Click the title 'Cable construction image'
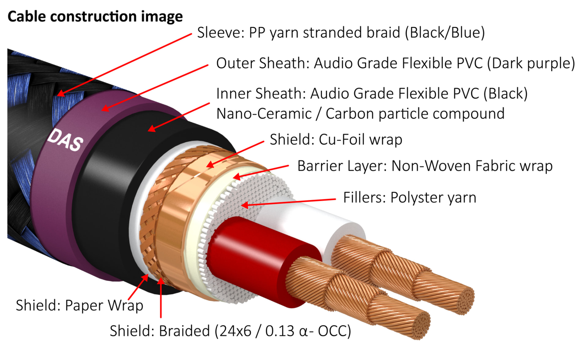pyautogui.click(x=95, y=17)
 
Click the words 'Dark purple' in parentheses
pyautogui.click(x=531, y=64)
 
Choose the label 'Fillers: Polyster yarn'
pyautogui.click(x=410, y=197)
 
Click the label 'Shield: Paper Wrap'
pyautogui.click(x=79, y=305)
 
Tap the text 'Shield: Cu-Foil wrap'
pyautogui.click(x=336, y=140)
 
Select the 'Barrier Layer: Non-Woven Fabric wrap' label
pyautogui.click(x=425, y=166)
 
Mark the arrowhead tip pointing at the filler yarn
pyautogui.click(x=243, y=205)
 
